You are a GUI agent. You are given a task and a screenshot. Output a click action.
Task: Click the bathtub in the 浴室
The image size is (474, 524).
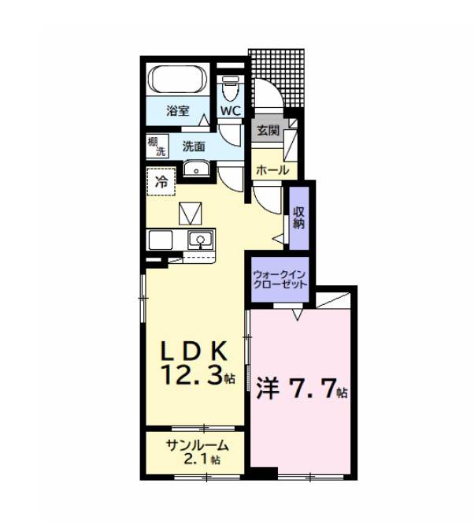click(x=177, y=80)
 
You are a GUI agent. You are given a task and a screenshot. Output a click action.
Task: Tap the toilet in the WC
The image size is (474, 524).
click(x=231, y=88)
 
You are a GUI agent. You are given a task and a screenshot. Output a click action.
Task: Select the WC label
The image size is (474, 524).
click(x=231, y=111)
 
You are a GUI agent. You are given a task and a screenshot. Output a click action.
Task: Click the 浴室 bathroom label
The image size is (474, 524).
click(x=178, y=110)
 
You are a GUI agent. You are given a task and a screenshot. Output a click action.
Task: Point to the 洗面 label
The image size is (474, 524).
click(x=194, y=147)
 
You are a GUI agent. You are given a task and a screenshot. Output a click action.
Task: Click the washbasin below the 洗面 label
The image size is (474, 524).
click(x=196, y=168)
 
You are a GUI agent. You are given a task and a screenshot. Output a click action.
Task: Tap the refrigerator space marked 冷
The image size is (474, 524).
click(x=161, y=182)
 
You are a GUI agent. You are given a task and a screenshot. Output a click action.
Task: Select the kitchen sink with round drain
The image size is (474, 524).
click(x=201, y=240)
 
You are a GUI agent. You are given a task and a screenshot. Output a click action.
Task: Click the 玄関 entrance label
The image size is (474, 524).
click(x=268, y=130)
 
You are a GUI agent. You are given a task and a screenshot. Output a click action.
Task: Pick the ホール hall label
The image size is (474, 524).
click(x=272, y=170)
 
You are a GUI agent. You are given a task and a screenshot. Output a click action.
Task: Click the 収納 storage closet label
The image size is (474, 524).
click(x=298, y=218)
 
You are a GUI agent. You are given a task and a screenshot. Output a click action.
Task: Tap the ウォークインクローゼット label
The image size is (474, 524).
click(x=280, y=280)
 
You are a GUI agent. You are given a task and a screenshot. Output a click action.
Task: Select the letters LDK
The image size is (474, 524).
click(x=194, y=351)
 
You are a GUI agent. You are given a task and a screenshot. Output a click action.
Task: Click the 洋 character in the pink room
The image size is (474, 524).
click(x=268, y=389)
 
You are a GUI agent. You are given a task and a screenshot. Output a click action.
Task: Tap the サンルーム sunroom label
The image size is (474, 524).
click(x=198, y=445)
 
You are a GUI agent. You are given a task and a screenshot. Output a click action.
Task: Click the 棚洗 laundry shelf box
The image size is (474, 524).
click(x=157, y=147)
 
